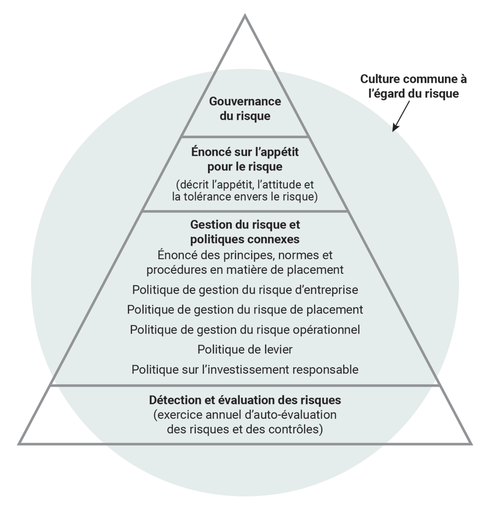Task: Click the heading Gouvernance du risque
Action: click(245, 109)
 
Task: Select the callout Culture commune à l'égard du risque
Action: click(413, 86)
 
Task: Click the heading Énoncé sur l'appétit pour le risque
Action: click(245, 160)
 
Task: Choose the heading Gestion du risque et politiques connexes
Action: click(245, 231)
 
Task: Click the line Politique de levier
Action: click(245, 349)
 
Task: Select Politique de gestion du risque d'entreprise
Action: click(245, 289)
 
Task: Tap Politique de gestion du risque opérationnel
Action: click(245, 330)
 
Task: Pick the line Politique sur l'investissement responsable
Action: click(245, 369)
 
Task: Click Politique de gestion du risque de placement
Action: click(245, 310)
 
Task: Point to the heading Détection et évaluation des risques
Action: click(245, 400)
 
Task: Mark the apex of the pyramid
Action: click(245, 16)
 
